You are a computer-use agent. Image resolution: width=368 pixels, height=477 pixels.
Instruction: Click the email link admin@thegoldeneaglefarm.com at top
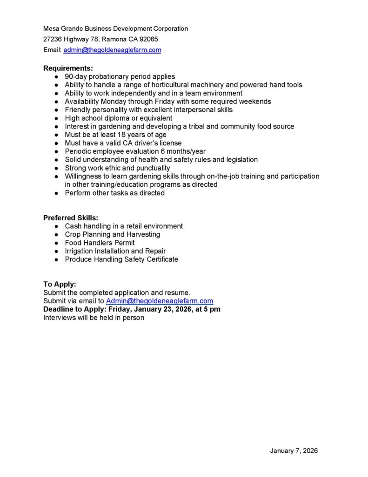tap(112, 50)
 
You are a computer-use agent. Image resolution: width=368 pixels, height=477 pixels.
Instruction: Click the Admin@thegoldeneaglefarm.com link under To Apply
tap(160, 301)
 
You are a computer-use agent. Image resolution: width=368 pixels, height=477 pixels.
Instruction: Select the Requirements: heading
tap(68, 68)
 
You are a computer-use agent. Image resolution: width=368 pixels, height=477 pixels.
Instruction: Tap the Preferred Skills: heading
tap(71, 218)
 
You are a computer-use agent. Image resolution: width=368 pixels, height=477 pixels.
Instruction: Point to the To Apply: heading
tap(60, 284)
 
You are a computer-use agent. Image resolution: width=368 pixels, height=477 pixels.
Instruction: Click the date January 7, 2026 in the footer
tap(294, 451)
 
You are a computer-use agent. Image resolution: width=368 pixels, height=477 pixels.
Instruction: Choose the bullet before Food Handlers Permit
tap(56, 243)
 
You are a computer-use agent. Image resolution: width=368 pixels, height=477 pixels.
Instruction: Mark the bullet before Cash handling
tap(56, 226)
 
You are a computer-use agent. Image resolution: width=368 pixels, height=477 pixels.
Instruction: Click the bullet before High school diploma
tap(56, 118)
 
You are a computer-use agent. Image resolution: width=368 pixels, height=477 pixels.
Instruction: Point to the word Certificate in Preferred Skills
tap(162, 259)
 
